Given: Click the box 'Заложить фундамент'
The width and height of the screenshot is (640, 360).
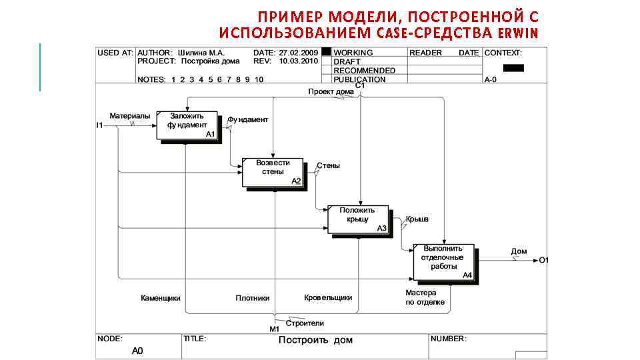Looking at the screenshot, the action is point(187,124).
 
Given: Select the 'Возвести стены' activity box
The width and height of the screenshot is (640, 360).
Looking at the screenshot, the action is point(273,172).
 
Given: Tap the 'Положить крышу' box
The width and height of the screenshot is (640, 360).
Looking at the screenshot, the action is point(357,219).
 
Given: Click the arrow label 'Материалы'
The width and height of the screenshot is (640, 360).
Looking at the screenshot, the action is point(130,116).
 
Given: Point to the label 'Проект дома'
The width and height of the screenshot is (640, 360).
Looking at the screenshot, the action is point(331,91).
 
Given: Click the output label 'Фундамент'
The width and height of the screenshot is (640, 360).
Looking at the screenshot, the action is point(248,120).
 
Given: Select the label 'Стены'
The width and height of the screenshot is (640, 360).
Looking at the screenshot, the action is point(328,165).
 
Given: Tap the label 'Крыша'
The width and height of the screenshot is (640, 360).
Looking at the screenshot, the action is point(417,219).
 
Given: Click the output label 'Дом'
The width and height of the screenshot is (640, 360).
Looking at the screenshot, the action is point(519,251).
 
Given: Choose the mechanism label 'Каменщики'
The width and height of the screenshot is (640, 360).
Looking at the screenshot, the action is point(161,298).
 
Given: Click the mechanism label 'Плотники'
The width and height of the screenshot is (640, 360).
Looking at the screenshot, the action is point(253,298).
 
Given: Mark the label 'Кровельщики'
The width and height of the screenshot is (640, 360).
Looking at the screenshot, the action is point(328,298).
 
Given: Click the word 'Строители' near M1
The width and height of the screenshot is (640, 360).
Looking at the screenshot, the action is point(305,323).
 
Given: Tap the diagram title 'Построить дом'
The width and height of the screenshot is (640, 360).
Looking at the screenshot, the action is point(315,340).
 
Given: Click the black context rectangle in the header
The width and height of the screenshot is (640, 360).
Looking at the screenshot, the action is point(513,68).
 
